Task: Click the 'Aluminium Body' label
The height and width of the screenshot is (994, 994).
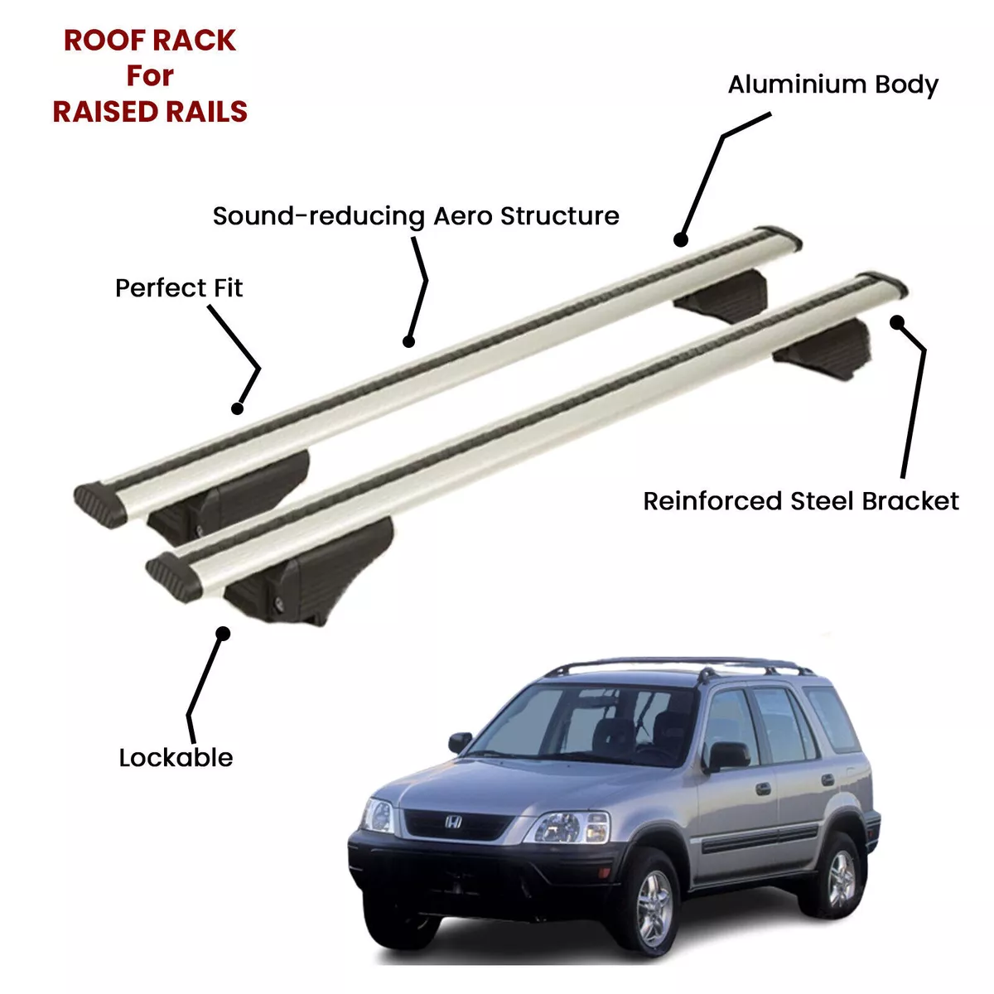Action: click(832, 85)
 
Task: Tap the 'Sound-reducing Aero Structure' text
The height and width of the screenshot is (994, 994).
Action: click(416, 216)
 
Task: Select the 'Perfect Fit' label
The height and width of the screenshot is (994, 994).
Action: click(178, 287)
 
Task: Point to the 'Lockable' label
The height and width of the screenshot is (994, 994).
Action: click(176, 758)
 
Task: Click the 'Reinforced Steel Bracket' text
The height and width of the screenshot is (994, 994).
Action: click(800, 501)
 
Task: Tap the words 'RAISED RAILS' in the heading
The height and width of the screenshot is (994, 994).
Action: click(150, 112)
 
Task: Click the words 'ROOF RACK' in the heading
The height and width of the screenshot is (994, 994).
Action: click(150, 41)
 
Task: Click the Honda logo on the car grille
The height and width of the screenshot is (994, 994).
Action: click(453, 822)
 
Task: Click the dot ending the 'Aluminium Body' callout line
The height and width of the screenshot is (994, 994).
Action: click(681, 239)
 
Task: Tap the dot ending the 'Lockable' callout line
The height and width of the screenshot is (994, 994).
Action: click(223, 634)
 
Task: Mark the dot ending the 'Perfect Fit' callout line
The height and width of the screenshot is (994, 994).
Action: click(237, 408)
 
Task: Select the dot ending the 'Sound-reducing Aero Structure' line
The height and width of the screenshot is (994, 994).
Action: click(408, 341)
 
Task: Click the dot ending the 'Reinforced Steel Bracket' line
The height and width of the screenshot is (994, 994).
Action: click(897, 322)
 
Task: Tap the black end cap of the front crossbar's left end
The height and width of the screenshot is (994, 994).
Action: click(174, 577)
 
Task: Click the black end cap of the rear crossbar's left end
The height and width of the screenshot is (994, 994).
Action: click(100, 505)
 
